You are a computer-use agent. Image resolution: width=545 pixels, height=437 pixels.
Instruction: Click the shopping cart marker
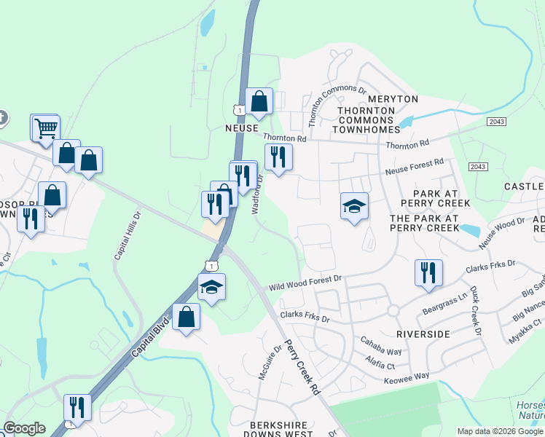point(45,128)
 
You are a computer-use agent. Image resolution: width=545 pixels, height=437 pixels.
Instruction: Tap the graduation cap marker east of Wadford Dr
point(354,206)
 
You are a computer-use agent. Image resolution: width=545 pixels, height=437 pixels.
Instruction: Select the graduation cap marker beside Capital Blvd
point(211,287)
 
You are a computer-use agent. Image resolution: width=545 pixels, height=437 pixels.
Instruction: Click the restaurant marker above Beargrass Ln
point(427,272)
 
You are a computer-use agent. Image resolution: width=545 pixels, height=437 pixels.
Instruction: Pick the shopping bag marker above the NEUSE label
point(259,102)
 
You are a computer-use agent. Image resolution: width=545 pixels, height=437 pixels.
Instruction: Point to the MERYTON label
point(393,98)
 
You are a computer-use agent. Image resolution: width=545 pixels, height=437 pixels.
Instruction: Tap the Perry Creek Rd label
point(302,367)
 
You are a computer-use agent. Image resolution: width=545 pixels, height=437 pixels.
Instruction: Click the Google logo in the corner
point(24,428)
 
